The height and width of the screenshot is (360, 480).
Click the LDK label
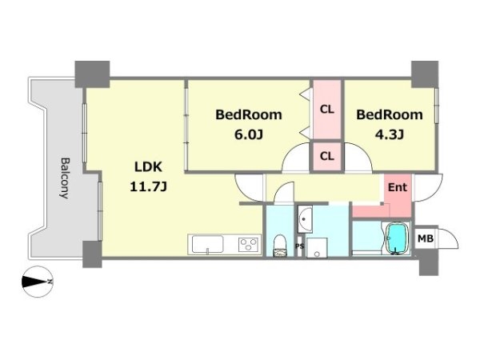point(149,167)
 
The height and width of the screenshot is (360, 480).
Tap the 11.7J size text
point(149,186)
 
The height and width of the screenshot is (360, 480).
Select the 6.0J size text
point(249,134)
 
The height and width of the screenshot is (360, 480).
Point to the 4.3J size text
point(390,134)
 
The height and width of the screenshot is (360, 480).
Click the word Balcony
point(65,178)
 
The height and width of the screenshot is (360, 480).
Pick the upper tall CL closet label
point(327,110)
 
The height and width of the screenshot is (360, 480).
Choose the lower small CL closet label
point(327,157)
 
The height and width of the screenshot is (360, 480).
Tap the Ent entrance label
point(398,187)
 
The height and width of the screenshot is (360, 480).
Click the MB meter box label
point(426,238)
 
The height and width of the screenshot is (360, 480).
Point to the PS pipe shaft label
point(300,246)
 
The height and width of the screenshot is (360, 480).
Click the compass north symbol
point(38,282)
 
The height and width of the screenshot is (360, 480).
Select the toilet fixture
point(279,246)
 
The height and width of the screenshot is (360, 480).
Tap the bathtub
point(398,238)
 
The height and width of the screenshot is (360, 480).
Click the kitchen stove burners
point(249,245)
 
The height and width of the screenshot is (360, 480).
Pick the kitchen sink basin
point(207,244)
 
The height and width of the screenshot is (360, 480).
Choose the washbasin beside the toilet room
point(305,219)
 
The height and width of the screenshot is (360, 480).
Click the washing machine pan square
point(317,248)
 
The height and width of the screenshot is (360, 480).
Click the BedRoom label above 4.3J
point(390,114)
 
